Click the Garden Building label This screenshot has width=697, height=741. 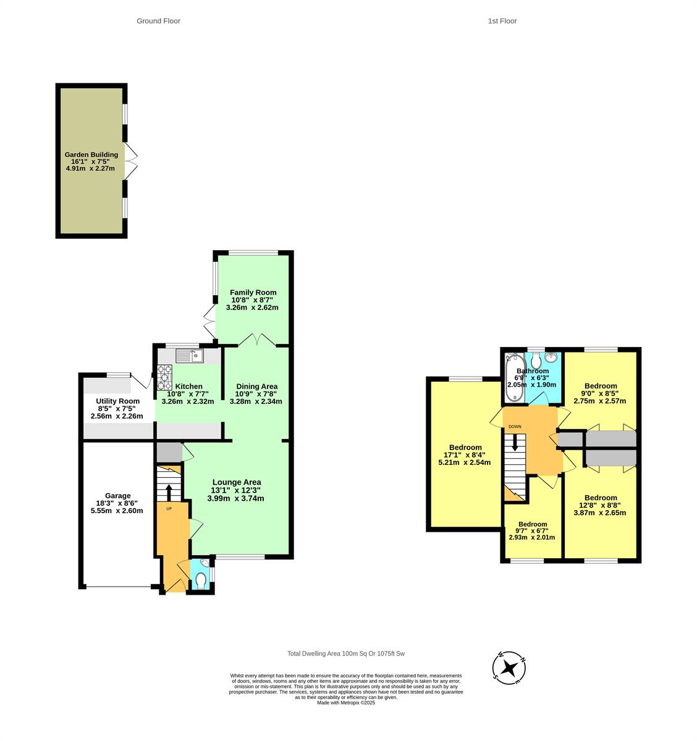tap(91, 154)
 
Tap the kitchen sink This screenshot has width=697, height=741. tap(189, 356)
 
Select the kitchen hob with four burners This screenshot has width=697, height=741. tap(165, 377)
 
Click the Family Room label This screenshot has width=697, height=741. tap(253, 293)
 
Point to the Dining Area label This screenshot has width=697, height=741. tap(256, 387)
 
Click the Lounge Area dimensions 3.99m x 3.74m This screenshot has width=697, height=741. tap(235, 498)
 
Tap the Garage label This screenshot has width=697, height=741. tap(117, 495)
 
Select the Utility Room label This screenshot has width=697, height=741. tap(117, 401)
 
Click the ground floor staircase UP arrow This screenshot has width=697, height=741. tap(169, 493)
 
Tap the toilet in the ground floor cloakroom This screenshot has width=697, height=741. tap(201, 580)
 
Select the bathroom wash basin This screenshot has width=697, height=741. tap(551, 358)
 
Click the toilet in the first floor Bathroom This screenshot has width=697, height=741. tap(536, 360)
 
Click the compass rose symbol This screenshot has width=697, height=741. tap(509, 668)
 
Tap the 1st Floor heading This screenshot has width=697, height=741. tap(502, 21)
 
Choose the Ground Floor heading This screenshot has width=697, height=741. tap(158, 21)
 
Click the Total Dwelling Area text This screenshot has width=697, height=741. tap(346, 653)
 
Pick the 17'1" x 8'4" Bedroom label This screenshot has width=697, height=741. tap(465, 447)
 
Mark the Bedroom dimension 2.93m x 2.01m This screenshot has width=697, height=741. tap(532, 537)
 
